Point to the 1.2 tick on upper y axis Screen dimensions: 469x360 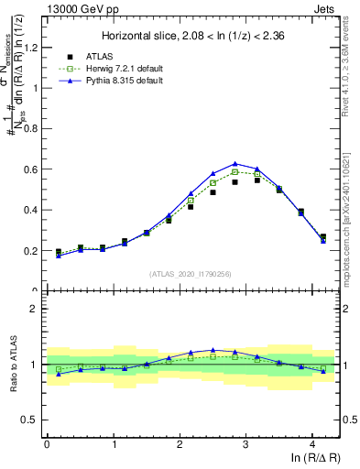click(33, 48)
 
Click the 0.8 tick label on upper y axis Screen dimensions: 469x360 click(33, 129)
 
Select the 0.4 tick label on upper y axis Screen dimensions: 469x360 click(33, 210)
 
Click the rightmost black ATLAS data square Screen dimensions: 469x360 click(322, 236)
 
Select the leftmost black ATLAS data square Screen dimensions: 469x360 click(59, 251)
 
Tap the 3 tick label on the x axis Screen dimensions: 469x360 click(245, 443)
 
